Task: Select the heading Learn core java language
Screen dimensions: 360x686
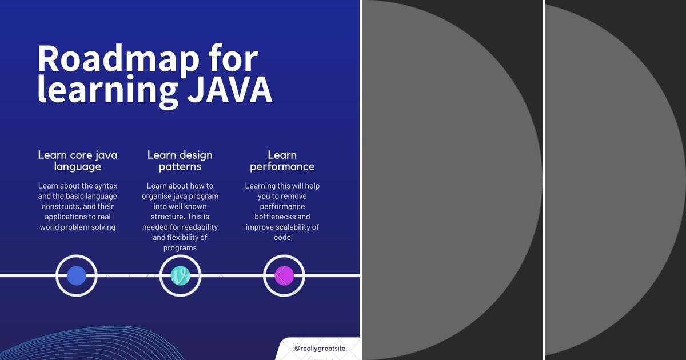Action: tap(78, 161)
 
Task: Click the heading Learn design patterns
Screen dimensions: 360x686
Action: tap(180, 161)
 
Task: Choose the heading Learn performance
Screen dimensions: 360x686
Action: tap(282, 161)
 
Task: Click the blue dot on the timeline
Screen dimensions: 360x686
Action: tap(77, 276)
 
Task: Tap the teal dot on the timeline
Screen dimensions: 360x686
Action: tap(180, 276)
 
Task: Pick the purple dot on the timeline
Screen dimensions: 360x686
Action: tap(284, 276)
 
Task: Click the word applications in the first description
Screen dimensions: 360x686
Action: tap(66, 217)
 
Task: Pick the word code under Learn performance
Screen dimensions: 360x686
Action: tap(282, 237)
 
